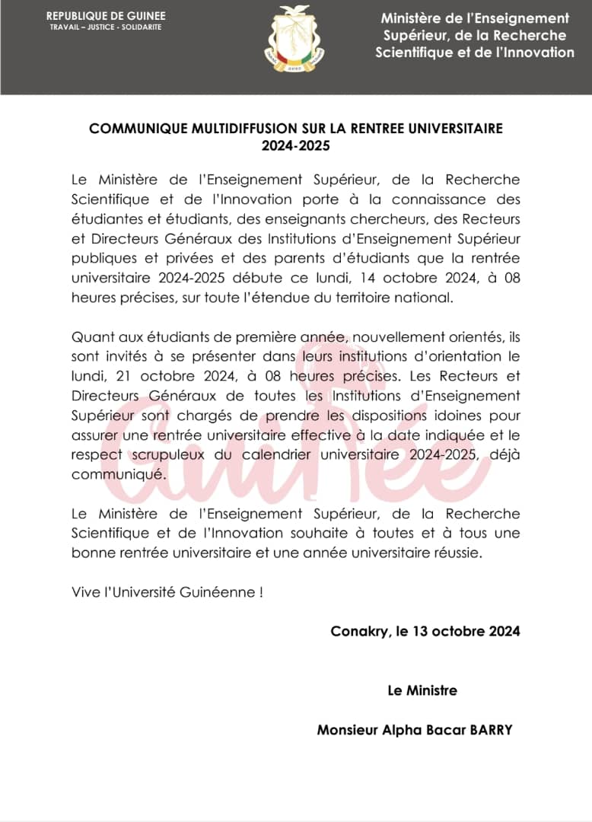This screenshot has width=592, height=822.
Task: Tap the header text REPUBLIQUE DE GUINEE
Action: coord(106,16)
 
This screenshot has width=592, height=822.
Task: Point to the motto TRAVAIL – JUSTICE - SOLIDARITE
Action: coord(106,27)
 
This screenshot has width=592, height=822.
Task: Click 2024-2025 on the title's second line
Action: coord(296,145)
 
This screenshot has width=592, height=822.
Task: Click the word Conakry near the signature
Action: coord(358,632)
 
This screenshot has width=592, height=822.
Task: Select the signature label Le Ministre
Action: coord(422,691)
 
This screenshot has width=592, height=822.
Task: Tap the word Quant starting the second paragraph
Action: coord(89,336)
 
